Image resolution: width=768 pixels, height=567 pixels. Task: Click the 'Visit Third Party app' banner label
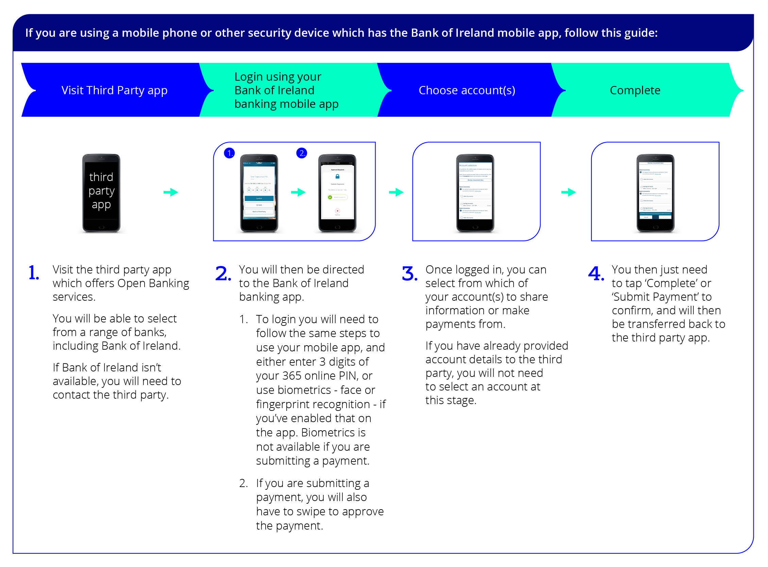point(114,90)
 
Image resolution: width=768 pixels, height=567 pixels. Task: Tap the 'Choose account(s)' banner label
point(467,90)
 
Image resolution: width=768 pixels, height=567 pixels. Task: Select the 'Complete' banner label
point(635,90)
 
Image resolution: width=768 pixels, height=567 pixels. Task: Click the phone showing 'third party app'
point(101,193)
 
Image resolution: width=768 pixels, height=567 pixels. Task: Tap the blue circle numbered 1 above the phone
point(229,153)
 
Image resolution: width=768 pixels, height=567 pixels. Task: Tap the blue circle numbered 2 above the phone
point(302,153)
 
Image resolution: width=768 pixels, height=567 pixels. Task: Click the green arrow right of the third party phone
point(170,192)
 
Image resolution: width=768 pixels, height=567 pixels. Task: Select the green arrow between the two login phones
point(298,192)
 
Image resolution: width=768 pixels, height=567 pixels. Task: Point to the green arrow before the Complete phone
point(568,192)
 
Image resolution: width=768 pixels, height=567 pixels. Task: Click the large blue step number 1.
point(34,273)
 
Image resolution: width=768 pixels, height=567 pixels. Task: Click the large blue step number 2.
point(223,274)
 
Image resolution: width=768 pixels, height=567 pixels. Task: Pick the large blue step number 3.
point(410,274)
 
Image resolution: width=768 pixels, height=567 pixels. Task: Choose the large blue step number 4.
point(596,274)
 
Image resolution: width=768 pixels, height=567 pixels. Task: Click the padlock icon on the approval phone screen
point(337,177)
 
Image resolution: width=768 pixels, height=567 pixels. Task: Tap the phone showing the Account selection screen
point(475,193)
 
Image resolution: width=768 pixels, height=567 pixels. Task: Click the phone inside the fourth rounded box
point(655,193)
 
